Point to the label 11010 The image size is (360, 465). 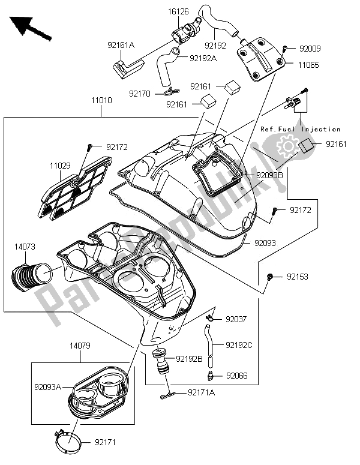pos(101,101)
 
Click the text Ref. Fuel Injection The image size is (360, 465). pos(300,129)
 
